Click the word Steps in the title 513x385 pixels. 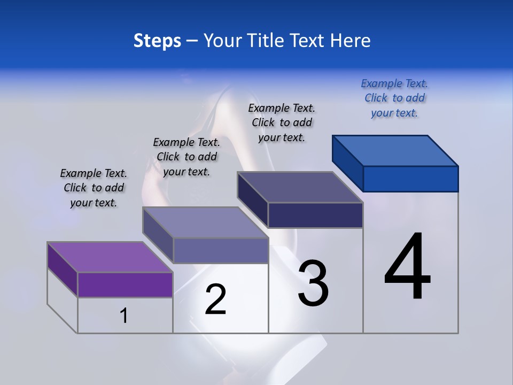[x=157, y=41]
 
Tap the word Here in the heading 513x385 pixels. [x=351, y=41]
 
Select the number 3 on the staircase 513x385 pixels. [x=313, y=283]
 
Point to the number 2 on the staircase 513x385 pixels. [x=215, y=299]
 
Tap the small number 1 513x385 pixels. [x=124, y=315]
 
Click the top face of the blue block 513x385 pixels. [x=395, y=150]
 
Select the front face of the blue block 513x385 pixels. [x=410, y=179]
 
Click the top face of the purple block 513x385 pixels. [x=110, y=257]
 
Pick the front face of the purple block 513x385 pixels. [x=125, y=284]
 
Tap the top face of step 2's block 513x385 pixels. [x=205, y=222]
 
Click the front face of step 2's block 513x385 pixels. [x=220, y=250]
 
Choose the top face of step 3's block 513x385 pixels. [x=300, y=187]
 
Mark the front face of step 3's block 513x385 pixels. [x=315, y=215]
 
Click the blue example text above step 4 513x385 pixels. [x=394, y=98]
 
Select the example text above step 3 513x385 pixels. [x=282, y=122]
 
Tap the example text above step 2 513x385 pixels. [x=186, y=157]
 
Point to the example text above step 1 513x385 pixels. [x=94, y=188]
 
